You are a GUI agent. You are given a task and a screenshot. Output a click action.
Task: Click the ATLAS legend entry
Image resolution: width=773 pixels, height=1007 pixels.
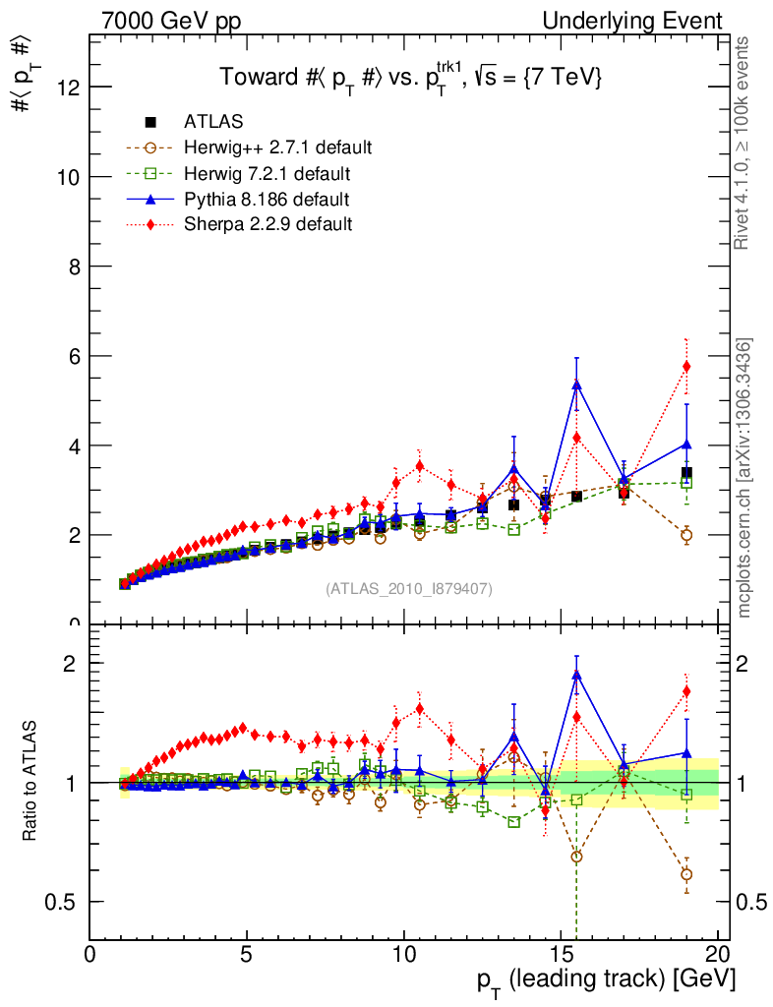click(x=213, y=122)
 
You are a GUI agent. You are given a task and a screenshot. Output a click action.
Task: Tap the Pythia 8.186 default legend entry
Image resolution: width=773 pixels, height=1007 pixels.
click(x=267, y=200)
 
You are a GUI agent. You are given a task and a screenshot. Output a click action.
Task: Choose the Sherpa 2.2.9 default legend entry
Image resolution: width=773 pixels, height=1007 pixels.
click(x=268, y=224)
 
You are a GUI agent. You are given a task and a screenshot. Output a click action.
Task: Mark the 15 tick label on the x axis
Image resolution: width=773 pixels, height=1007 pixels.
click(x=561, y=954)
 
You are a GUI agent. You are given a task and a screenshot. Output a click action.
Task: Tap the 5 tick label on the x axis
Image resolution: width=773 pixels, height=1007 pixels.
click(x=247, y=954)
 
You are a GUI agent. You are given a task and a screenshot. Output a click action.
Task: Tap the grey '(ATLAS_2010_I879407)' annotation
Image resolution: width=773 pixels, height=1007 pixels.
click(x=409, y=588)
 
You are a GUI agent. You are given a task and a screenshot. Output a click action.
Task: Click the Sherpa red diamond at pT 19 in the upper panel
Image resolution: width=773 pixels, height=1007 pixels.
click(x=686, y=366)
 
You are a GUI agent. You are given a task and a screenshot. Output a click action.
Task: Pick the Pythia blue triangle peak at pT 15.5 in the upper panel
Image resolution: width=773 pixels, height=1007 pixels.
click(x=576, y=385)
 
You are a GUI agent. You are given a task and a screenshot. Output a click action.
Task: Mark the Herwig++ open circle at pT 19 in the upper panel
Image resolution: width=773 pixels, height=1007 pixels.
click(x=686, y=535)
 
